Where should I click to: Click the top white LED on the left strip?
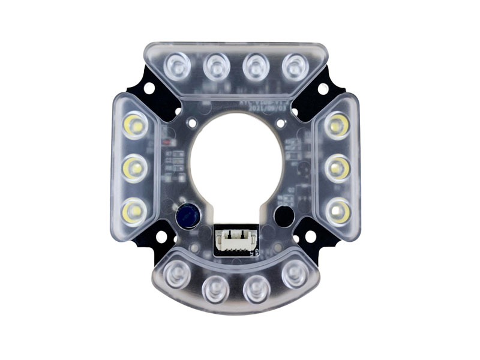(134, 127)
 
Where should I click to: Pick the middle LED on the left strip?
(135, 169)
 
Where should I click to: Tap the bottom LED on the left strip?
(132, 211)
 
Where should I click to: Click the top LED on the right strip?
(337, 126)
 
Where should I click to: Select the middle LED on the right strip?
(338, 169)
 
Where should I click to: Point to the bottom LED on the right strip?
(339, 212)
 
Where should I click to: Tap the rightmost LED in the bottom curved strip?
(294, 273)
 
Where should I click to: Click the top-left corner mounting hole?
(149, 88)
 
